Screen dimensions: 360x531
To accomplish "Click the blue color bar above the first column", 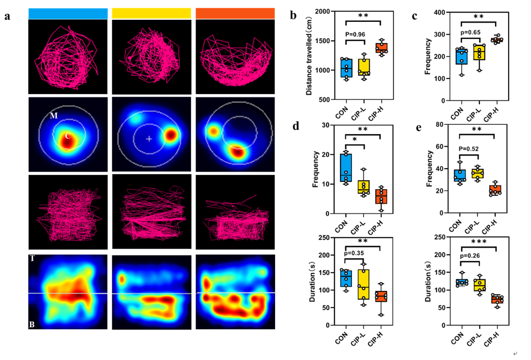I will click(68, 14).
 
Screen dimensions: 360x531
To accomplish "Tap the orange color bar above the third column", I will click(235, 14).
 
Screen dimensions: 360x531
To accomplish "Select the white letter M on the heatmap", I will click(53, 115).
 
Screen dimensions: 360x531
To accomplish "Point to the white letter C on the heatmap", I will click(67, 136).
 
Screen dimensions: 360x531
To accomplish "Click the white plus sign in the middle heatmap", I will click(149, 139).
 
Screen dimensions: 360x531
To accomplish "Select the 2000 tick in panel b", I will click(327, 11).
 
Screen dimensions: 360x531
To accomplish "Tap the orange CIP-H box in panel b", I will click(381, 48).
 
